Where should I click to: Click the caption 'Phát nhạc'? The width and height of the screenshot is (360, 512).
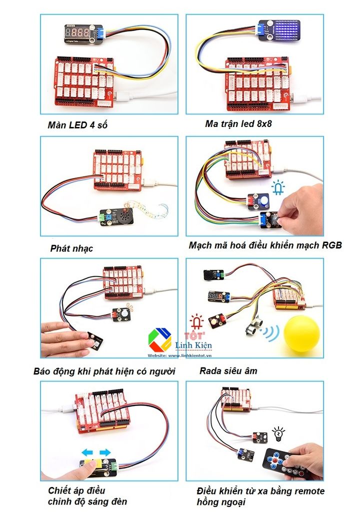point(71,248)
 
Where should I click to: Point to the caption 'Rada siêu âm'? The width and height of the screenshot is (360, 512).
point(228,370)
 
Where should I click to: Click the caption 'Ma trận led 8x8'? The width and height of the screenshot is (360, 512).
point(238,123)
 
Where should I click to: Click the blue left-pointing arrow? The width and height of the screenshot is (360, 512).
point(88,452)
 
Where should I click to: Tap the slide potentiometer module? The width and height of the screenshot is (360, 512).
point(98,467)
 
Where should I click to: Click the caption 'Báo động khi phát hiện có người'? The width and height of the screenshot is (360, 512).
point(104,371)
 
